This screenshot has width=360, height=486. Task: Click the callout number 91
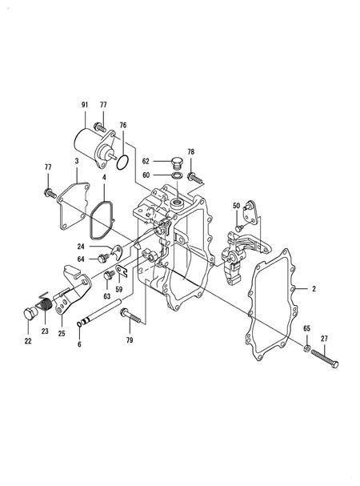pyautogui.click(x=85, y=105)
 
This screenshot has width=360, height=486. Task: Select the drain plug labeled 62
pyautogui.click(x=178, y=163)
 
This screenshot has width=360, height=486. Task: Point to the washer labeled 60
pyautogui.click(x=177, y=175)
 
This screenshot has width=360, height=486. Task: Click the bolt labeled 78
pyautogui.click(x=195, y=178)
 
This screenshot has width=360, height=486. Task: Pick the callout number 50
pyautogui.click(x=236, y=206)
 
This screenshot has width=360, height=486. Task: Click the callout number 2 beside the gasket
pyautogui.click(x=314, y=289)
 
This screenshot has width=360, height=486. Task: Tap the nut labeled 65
pyautogui.click(x=306, y=347)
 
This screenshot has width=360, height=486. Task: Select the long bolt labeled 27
pyautogui.click(x=324, y=359)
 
